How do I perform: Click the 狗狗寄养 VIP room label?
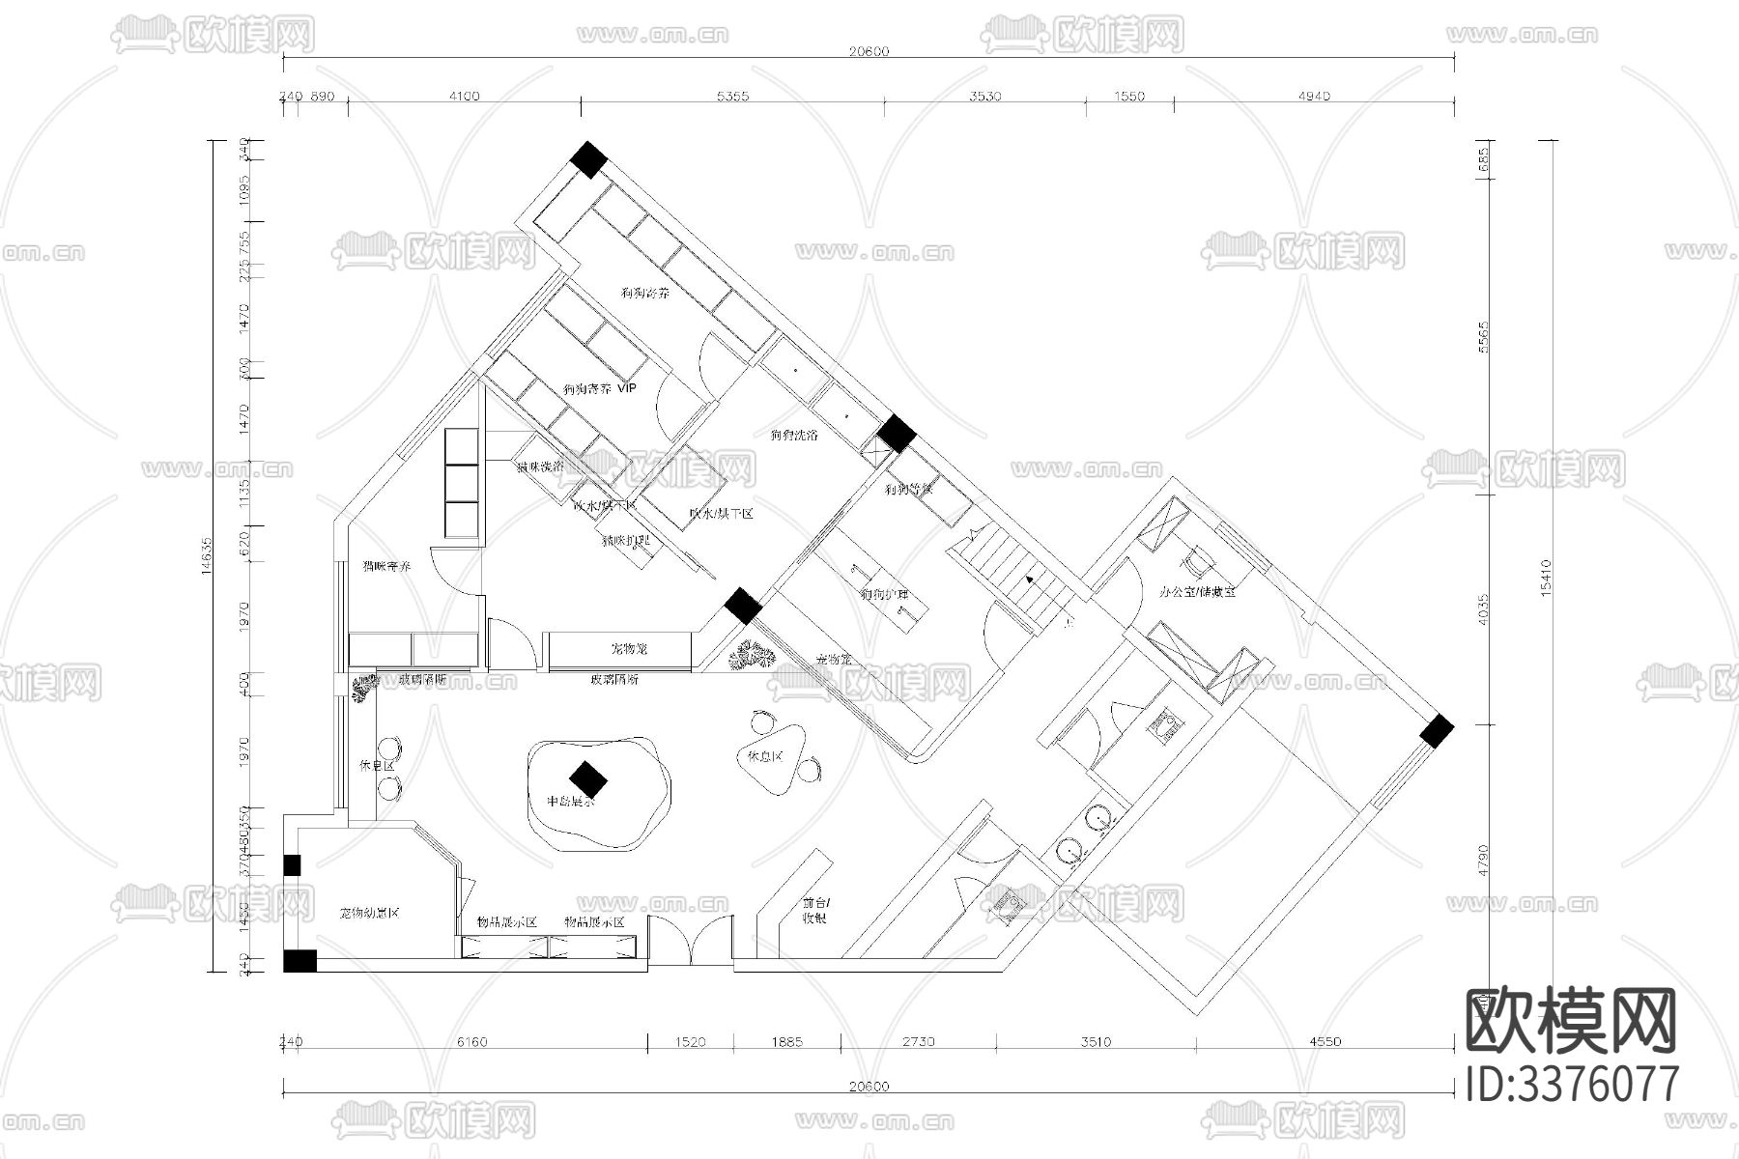(600, 389)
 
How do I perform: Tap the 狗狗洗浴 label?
(793, 435)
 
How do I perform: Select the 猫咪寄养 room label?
(386, 566)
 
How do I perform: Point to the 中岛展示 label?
(571, 802)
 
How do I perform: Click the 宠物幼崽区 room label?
(369, 913)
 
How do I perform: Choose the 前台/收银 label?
(814, 911)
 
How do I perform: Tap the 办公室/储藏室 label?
(1197, 591)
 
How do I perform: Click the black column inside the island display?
(586, 777)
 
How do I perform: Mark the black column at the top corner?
(587, 159)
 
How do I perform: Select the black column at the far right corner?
(1437, 731)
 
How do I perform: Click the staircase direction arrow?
(1031, 579)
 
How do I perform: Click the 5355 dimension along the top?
(732, 96)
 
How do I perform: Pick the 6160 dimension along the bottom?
(471, 1041)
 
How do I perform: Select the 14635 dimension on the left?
(206, 555)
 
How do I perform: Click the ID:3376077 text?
(1572, 1083)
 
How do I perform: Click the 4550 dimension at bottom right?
(1325, 1041)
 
